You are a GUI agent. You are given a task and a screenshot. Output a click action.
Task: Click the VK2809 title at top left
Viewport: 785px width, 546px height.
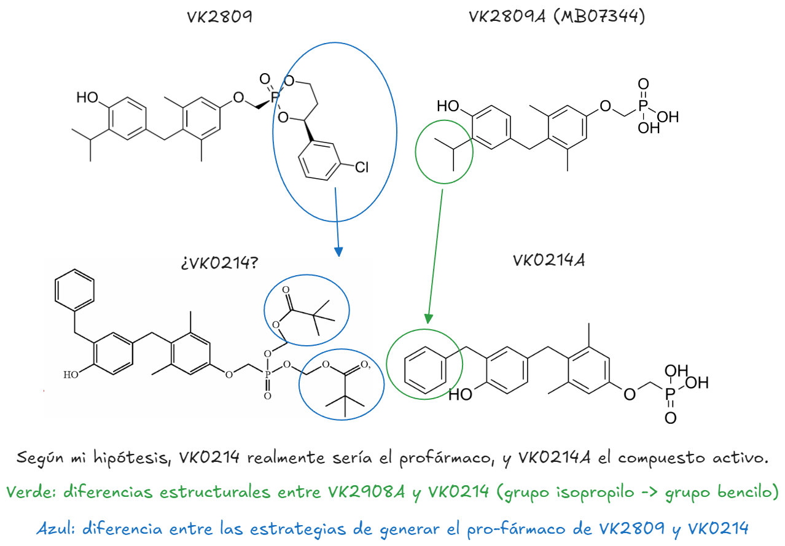[220, 17]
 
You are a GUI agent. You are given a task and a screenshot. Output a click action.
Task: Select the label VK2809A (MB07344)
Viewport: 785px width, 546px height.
[557, 17]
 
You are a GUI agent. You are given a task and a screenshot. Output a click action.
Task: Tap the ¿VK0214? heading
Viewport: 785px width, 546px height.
[219, 263]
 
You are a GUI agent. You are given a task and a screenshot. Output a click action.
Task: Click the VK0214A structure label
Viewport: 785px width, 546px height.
[549, 260]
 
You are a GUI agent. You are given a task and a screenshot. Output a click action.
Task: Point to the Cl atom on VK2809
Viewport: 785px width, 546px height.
[362, 166]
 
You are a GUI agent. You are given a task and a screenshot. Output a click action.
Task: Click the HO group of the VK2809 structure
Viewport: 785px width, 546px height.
[87, 98]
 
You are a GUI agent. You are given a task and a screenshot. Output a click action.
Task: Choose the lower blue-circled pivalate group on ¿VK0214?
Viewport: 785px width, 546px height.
[342, 384]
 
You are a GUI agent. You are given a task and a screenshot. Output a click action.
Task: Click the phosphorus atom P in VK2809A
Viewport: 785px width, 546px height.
[642, 106]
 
